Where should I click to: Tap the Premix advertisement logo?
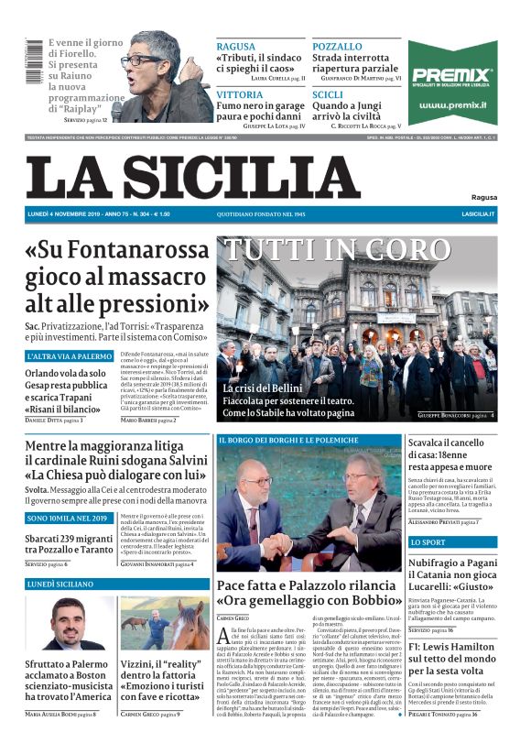click(452, 77)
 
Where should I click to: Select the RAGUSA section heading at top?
click(235, 47)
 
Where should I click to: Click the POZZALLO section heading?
click(337, 47)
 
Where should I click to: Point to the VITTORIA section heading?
click(240, 94)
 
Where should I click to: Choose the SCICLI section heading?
click(328, 94)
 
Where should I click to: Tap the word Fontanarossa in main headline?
click(134, 250)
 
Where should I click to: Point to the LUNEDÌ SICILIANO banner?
click(63, 583)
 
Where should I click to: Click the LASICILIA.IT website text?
click(478, 214)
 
